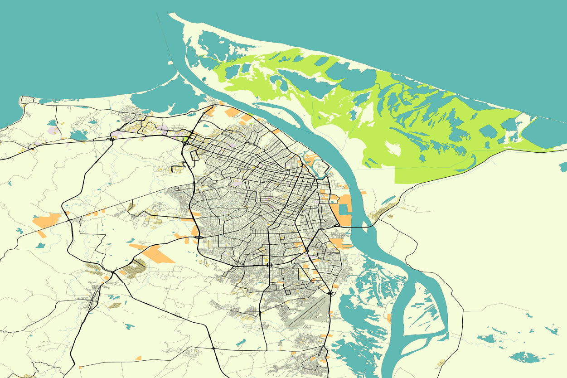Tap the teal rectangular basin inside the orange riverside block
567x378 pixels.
[x=343, y=209]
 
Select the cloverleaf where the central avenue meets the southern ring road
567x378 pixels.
[x=269, y=265]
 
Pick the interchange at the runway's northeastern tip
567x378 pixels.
[x=331, y=294]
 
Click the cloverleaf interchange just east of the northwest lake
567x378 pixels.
[x=111, y=139]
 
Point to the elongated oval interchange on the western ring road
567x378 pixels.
[x=199, y=237]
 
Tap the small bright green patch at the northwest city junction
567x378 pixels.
[x=185, y=139]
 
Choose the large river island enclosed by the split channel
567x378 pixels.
[x=422, y=313]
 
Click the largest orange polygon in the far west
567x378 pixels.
[x=46, y=220]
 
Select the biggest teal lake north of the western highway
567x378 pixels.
[x=78, y=135]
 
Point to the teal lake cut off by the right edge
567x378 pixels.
[x=563, y=167]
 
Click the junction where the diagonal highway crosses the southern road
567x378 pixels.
[x=213, y=348]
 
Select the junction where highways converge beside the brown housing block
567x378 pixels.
[x=113, y=272]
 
